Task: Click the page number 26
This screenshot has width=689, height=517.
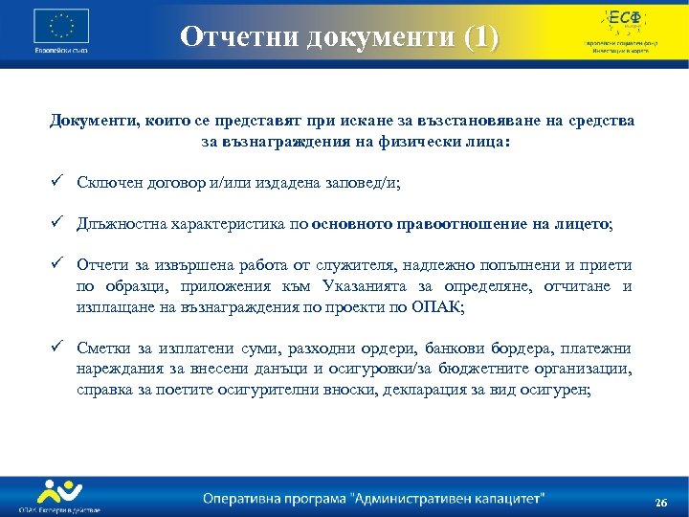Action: coord(660,504)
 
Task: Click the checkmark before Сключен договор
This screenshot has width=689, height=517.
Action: coord(59,183)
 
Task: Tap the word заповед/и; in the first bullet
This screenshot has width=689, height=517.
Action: coord(376,183)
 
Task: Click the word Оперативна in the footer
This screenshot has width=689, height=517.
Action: coord(245,498)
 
